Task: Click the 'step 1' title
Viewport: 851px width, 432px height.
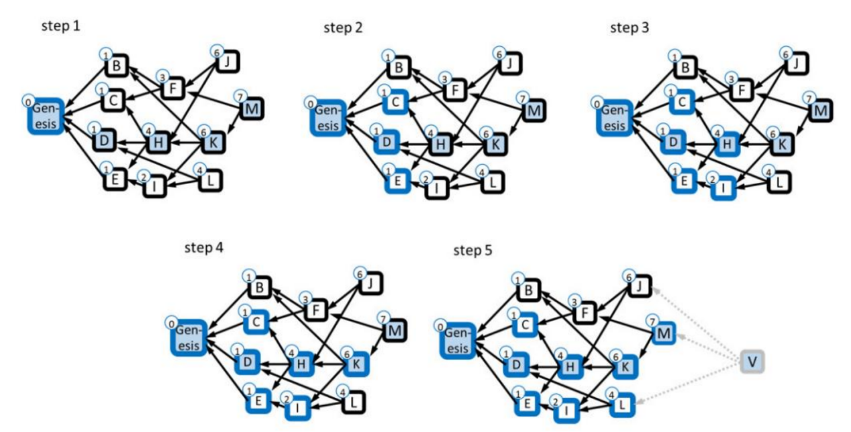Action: [x=61, y=26]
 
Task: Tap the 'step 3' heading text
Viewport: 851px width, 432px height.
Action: [x=630, y=28]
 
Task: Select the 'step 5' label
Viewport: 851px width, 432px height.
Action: [x=472, y=250]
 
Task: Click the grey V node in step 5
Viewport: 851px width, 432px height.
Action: [x=752, y=361]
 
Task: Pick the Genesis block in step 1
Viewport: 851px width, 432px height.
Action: [x=46, y=116]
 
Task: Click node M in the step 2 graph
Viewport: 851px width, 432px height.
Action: [x=534, y=111]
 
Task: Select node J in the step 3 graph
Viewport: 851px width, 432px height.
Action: [x=796, y=63]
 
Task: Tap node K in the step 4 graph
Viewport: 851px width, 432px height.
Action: [x=356, y=364]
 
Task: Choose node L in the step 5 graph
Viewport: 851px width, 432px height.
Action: [x=622, y=405]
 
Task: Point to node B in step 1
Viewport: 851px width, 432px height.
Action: [x=117, y=65]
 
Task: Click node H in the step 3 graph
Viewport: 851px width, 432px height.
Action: [x=727, y=144]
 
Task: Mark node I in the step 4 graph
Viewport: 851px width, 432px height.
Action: [x=297, y=408]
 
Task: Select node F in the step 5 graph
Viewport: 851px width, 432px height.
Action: [x=585, y=312]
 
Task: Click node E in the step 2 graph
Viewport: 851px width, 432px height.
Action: [x=397, y=181]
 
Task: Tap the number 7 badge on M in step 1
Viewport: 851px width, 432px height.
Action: [x=240, y=97]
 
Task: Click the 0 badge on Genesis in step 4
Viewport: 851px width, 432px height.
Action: [x=171, y=324]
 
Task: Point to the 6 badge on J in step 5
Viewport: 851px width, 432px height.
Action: [x=629, y=277]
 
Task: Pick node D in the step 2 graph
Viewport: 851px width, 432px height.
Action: [x=387, y=142]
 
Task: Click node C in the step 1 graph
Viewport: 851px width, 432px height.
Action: [x=113, y=101]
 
